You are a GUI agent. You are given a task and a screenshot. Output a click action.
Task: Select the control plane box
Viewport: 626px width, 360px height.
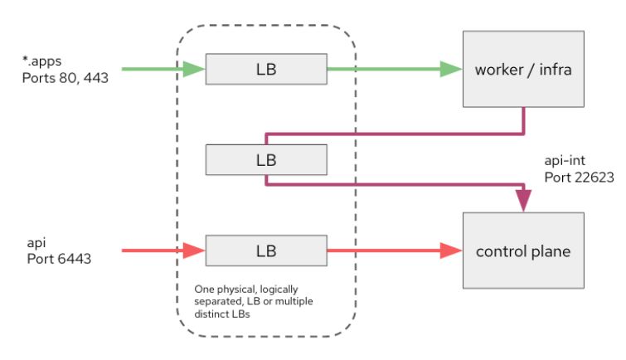tap(524, 250)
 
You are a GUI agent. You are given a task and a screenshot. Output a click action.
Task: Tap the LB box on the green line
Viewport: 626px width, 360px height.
tap(267, 70)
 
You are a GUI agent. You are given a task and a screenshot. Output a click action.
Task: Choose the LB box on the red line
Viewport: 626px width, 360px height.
tap(267, 250)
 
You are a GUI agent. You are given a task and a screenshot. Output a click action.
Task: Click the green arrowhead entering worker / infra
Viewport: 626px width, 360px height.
tap(451, 70)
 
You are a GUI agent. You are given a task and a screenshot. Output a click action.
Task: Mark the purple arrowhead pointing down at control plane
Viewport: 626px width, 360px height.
tap(524, 201)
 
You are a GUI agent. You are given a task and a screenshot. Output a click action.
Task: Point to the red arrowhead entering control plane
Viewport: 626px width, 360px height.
tap(451, 250)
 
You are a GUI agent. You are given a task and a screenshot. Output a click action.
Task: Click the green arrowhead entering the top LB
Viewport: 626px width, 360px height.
tap(194, 70)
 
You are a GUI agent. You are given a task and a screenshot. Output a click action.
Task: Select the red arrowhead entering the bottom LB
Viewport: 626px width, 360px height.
tap(194, 250)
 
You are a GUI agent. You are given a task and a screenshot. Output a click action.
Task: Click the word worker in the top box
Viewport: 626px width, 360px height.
tap(496, 70)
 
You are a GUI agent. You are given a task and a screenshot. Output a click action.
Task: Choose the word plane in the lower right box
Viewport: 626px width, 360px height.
tap(553, 250)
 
